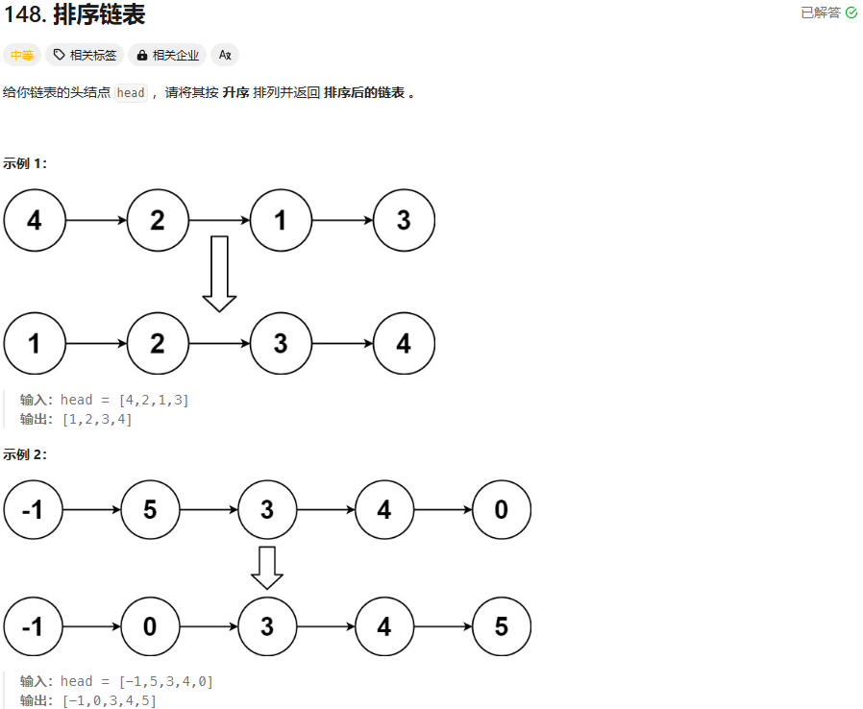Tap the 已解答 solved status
click(828, 12)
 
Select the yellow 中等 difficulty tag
click(21, 55)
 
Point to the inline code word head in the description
click(131, 93)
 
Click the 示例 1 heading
click(25, 163)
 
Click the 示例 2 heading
click(25, 454)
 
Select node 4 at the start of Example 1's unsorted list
click(35, 220)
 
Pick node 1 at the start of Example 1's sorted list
click(35, 343)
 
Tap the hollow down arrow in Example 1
click(219, 274)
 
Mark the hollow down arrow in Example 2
click(267, 568)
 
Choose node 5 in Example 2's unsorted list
click(150, 510)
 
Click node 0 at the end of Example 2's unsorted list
click(501, 510)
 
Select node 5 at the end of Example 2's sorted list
click(501, 627)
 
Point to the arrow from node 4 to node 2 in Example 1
click(96, 220)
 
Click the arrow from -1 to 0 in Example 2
click(92, 627)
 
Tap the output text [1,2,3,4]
click(97, 419)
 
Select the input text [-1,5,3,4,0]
click(165, 682)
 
